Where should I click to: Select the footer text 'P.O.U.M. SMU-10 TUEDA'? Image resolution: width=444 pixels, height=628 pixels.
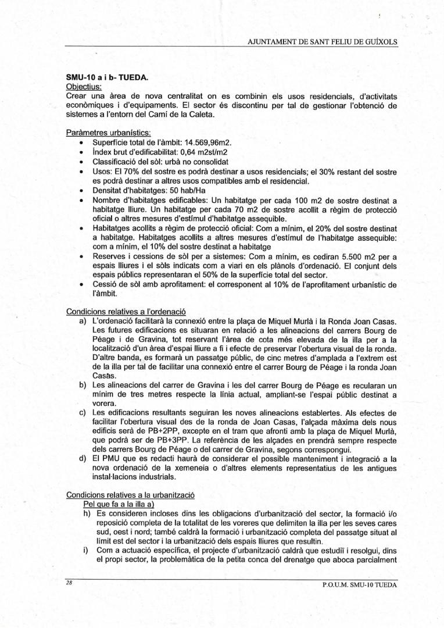359,585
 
